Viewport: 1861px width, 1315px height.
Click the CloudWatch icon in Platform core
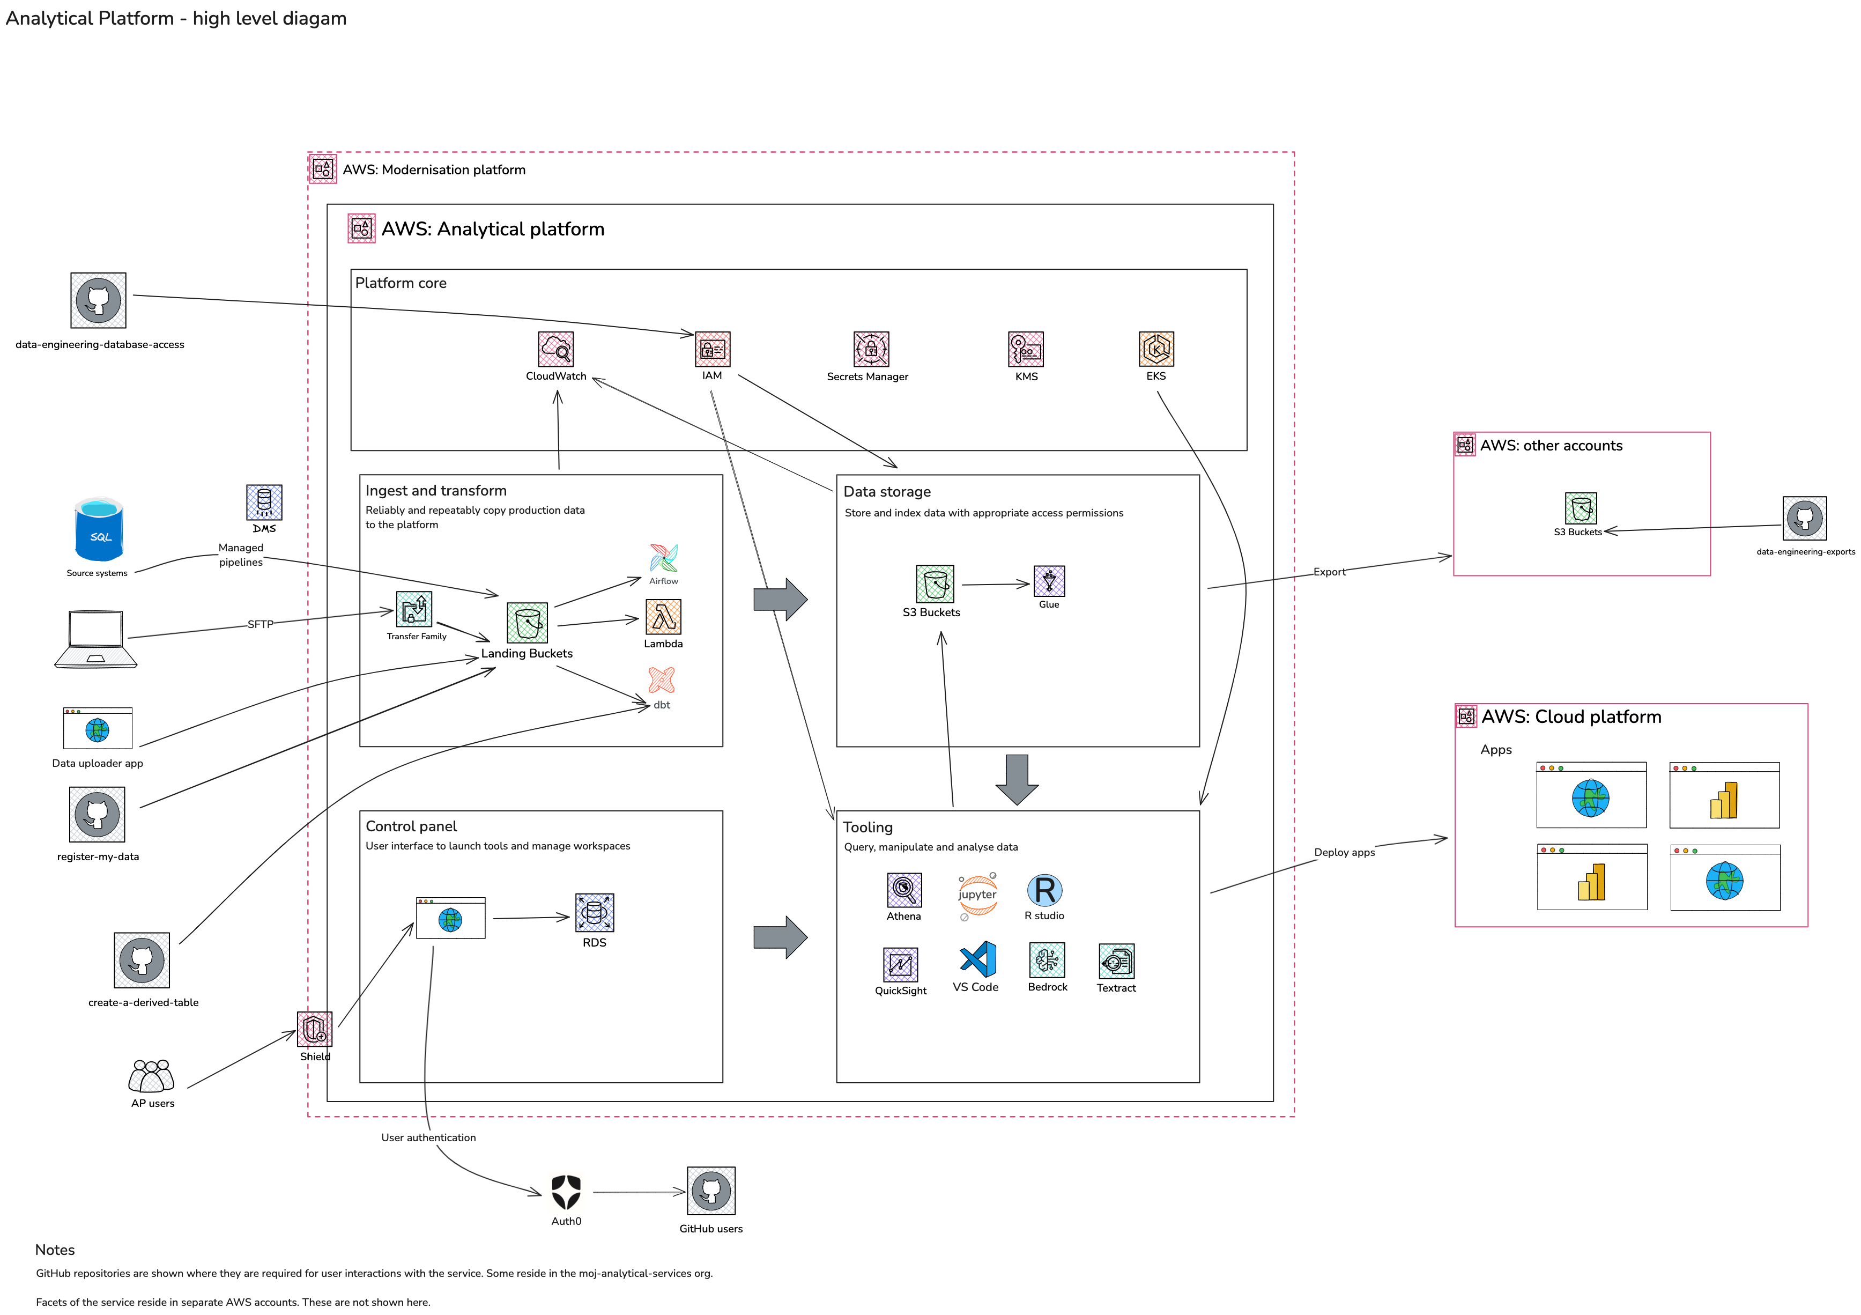(555, 350)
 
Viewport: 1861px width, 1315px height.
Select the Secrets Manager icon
(871, 350)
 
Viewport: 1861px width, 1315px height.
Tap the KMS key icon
(1025, 350)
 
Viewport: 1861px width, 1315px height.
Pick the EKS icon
(1156, 350)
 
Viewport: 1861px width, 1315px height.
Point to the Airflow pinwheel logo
(663, 559)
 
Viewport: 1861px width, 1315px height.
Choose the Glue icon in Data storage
(1049, 581)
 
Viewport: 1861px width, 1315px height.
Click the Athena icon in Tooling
(904, 890)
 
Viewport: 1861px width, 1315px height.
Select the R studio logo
(1045, 890)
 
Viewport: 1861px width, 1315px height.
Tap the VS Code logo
(977, 960)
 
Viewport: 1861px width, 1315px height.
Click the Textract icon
(1116, 962)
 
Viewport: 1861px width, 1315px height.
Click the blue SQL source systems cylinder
(99, 530)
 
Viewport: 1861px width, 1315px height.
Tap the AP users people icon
(152, 1077)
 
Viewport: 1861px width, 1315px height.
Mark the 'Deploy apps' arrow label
(1344, 852)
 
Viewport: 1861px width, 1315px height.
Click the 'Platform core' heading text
(401, 283)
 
